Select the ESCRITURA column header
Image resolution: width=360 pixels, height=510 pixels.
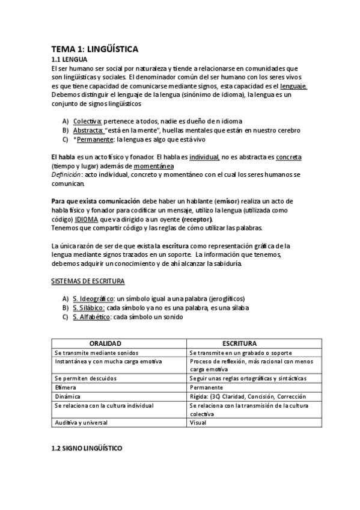pyautogui.click(x=240, y=342)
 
